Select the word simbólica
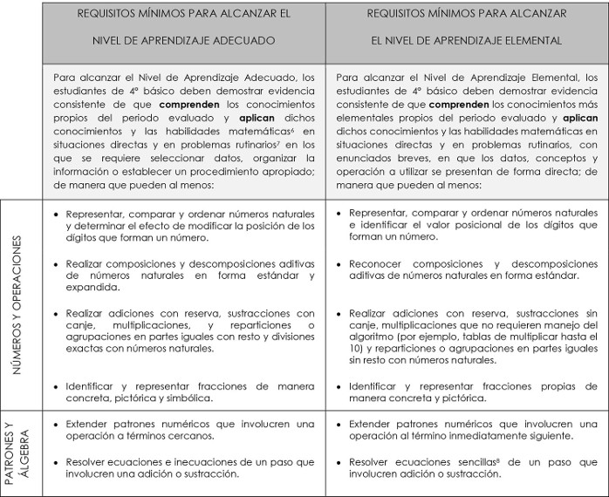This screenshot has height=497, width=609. tap(185, 398)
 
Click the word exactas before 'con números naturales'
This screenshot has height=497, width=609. tap(87, 349)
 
